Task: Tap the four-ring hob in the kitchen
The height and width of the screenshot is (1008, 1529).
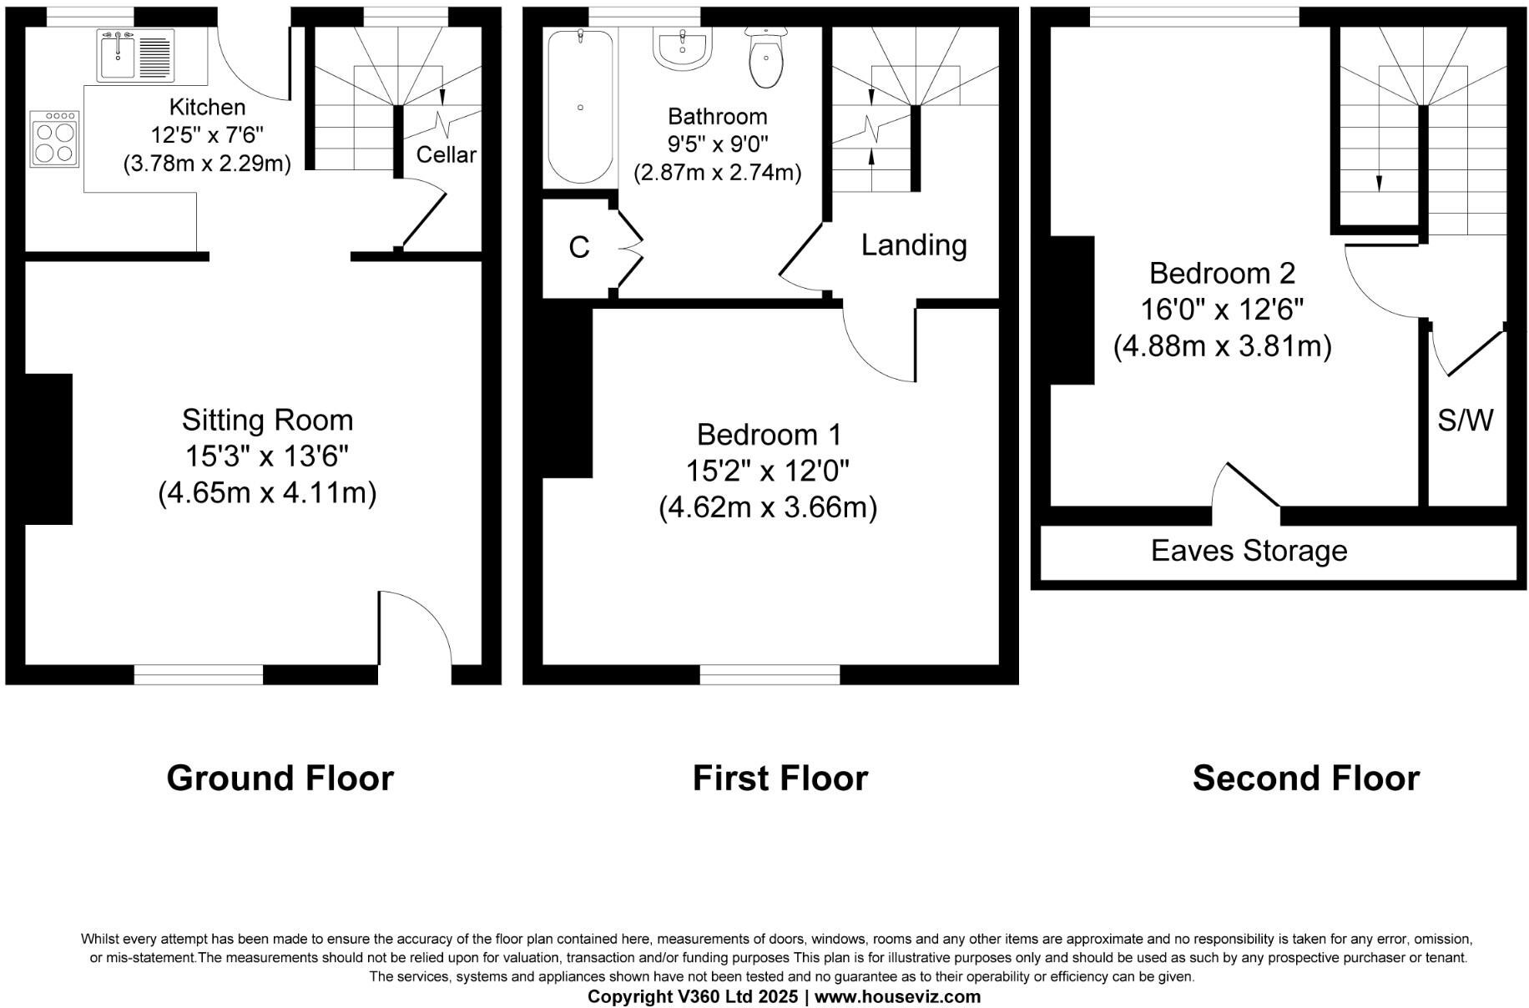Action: click(x=54, y=139)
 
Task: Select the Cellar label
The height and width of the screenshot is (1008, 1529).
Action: click(x=446, y=154)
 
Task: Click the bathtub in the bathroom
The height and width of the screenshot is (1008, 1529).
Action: click(x=580, y=107)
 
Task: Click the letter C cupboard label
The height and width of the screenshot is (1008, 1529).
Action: click(x=578, y=247)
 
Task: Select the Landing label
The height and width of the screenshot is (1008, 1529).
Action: click(x=914, y=245)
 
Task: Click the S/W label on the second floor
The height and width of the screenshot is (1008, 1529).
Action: click(x=1465, y=421)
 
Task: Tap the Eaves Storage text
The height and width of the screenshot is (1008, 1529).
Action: click(x=1249, y=551)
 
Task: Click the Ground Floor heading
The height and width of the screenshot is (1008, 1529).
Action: click(x=280, y=778)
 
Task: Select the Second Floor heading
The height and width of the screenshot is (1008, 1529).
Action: click(x=1305, y=778)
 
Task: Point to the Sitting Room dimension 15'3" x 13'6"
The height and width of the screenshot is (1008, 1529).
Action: click(x=267, y=456)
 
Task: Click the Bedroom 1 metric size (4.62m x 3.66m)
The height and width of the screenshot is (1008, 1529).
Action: click(x=768, y=507)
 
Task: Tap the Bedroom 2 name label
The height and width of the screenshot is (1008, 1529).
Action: click(x=1222, y=273)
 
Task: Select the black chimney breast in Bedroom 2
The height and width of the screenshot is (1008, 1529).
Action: click(x=1072, y=310)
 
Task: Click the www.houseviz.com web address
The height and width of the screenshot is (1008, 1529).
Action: click(x=897, y=996)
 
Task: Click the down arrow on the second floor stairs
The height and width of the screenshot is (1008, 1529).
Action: click(x=1379, y=181)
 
